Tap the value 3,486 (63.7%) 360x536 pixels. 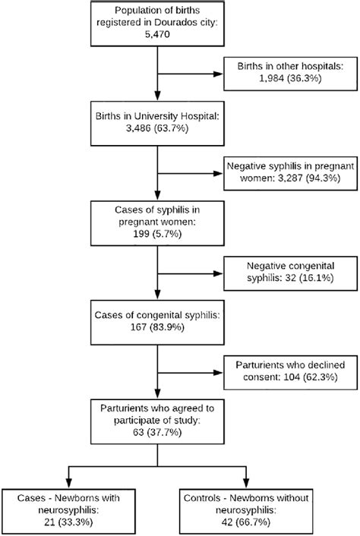(x=156, y=131)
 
